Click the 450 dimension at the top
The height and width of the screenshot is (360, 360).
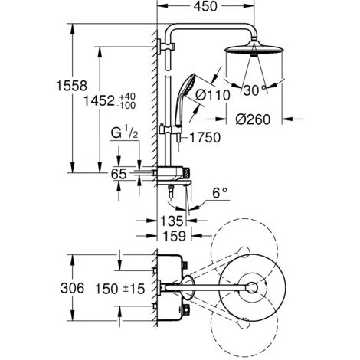pyautogui.click(x=205, y=6)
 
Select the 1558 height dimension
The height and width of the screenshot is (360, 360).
pyautogui.click(x=72, y=86)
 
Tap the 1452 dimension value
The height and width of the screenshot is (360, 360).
pyautogui.click(x=99, y=100)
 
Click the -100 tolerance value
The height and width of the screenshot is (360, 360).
pyautogui.click(x=127, y=105)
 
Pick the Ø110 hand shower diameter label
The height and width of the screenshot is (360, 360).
pyautogui.click(x=213, y=95)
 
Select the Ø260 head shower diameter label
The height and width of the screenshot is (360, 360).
pyautogui.click(x=253, y=119)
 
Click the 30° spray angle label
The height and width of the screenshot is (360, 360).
pyautogui.click(x=255, y=90)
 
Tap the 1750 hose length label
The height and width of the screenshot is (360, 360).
pyautogui.click(x=205, y=137)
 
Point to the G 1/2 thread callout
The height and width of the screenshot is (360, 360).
pyautogui.click(x=125, y=133)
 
